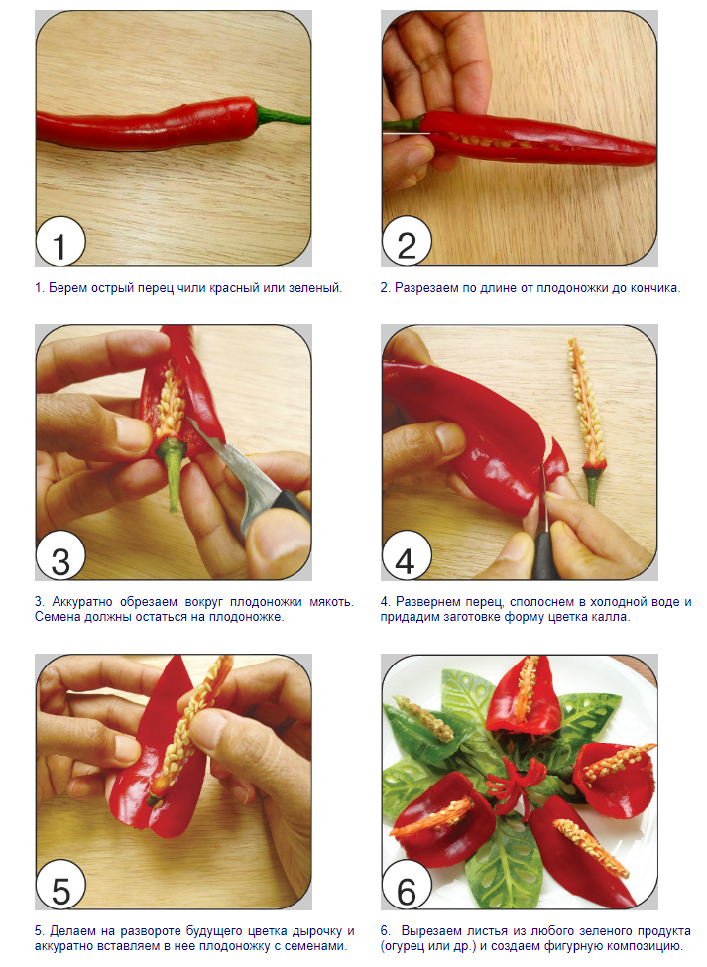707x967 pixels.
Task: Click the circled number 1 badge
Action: tap(59, 243)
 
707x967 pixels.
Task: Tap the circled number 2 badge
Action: tap(407, 243)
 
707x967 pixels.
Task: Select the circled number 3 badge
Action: tap(59, 557)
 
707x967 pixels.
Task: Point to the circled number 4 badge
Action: tap(407, 557)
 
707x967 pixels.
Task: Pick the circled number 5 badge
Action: tap(59, 887)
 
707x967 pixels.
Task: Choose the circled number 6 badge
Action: tap(407, 887)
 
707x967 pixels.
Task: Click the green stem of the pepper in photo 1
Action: tap(283, 115)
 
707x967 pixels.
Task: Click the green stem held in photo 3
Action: tap(172, 474)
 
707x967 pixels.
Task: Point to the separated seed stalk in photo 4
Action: tap(586, 420)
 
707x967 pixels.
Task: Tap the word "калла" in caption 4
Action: tap(612, 617)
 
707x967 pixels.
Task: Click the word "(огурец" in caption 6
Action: tap(401, 946)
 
